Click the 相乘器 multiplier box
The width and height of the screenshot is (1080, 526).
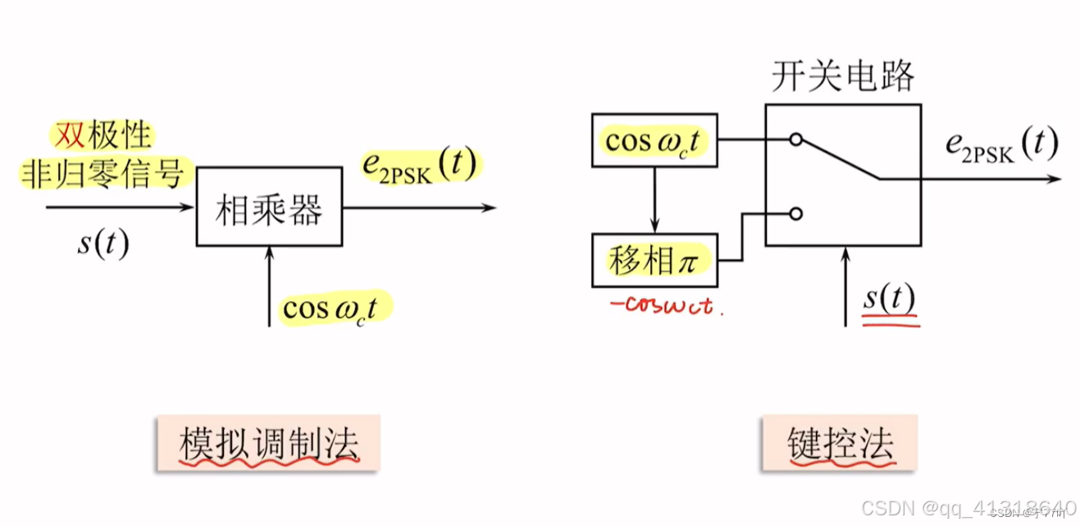(x=269, y=206)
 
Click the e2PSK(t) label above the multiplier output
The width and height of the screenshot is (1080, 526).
(x=419, y=165)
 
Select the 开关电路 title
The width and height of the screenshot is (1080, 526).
(x=842, y=76)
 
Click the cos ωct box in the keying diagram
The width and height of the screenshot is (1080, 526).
(x=654, y=140)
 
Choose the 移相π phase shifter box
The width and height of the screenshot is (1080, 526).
(x=654, y=260)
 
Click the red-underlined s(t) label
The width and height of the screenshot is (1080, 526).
(x=890, y=300)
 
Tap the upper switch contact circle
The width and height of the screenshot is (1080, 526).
(x=795, y=140)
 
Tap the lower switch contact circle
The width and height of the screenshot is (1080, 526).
(x=795, y=213)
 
